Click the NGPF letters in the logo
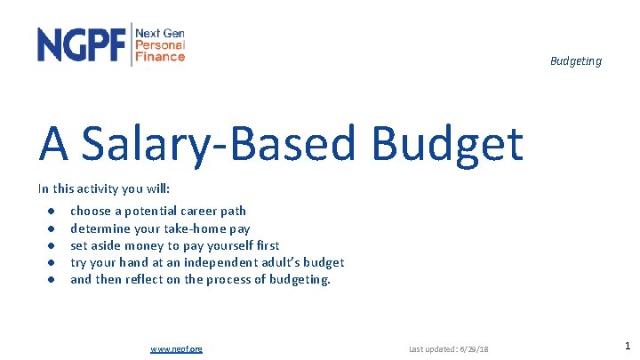tap(82, 44)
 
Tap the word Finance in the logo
tap(160, 56)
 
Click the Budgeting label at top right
tap(575, 61)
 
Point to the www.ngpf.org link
tap(177, 348)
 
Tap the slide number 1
tap(627, 346)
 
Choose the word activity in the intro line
tap(93, 188)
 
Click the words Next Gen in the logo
tap(160, 32)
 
